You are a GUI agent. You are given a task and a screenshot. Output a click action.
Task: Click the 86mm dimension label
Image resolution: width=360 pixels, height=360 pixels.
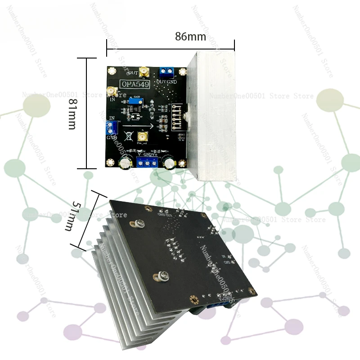190,37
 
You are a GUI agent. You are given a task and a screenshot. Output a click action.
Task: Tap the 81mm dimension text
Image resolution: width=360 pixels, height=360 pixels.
72,114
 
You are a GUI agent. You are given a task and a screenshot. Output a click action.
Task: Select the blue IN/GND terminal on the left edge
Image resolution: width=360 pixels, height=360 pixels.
113,128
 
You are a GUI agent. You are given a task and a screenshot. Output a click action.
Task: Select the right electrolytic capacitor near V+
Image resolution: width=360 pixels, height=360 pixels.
170,162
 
